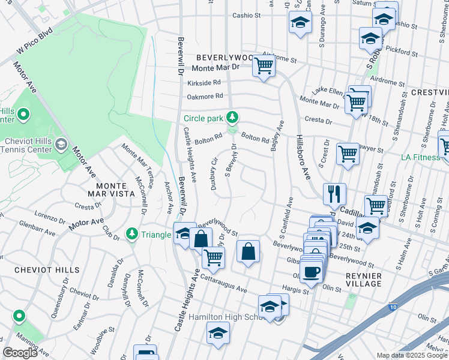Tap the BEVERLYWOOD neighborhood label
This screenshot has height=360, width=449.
(222, 57)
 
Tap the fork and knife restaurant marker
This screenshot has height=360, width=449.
(334, 193)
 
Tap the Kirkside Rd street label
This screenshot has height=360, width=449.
(204, 83)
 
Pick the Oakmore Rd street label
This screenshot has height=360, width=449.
(205, 96)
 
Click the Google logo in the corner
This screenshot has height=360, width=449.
(21, 353)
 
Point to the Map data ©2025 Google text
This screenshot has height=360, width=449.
(411, 355)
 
